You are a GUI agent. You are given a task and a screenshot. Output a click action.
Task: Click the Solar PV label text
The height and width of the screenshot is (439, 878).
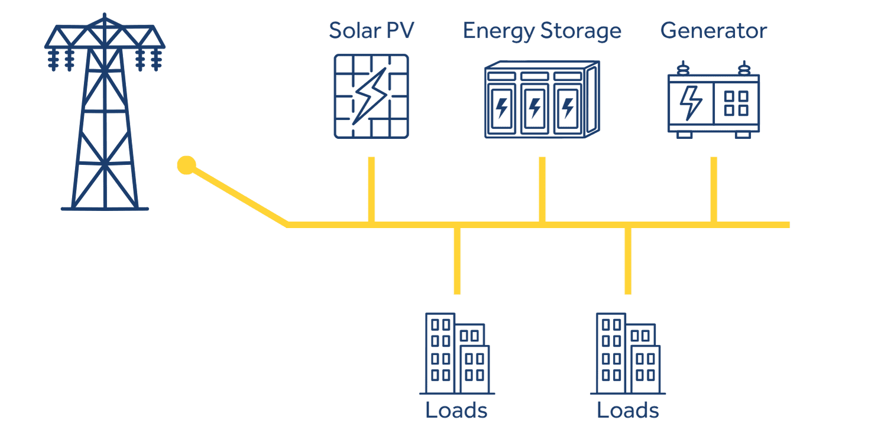pyautogui.click(x=371, y=31)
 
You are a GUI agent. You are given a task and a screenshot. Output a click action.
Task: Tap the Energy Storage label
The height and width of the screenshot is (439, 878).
pyautogui.click(x=542, y=31)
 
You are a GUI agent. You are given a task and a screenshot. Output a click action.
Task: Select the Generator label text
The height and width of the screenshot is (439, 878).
pyautogui.click(x=713, y=31)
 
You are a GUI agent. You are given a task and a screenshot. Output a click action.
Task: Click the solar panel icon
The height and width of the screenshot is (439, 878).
pyautogui.click(x=371, y=96)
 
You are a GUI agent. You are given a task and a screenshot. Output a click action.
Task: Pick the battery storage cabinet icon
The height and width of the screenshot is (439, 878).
pyautogui.click(x=541, y=99)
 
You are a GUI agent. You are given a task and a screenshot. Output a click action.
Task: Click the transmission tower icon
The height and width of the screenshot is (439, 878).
pyautogui.click(x=104, y=112)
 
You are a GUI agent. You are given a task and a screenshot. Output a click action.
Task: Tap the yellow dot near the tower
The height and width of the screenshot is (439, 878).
pyautogui.click(x=186, y=165)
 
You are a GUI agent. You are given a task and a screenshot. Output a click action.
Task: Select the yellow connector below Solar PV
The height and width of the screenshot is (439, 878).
pyautogui.click(x=371, y=189)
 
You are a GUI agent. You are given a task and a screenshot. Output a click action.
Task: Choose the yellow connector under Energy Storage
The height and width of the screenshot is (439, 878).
pyautogui.click(x=542, y=189)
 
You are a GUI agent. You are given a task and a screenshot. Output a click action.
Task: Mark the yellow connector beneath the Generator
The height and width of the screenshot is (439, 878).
pyautogui.click(x=714, y=189)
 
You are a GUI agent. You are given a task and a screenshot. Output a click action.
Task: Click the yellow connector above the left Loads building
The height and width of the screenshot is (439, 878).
pyautogui.click(x=456, y=260)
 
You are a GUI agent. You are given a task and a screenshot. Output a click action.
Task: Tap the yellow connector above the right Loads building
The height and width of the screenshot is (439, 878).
pyautogui.click(x=628, y=260)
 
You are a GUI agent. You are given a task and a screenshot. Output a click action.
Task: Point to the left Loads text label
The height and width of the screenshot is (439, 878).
pyautogui.click(x=456, y=410)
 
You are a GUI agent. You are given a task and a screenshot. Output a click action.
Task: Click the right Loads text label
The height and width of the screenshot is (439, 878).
pyautogui.click(x=628, y=410)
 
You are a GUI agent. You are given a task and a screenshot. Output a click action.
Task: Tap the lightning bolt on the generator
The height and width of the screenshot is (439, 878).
pyautogui.click(x=690, y=102)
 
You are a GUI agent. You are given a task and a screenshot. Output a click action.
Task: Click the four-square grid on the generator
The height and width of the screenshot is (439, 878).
pyautogui.click(x=736, y=103)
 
